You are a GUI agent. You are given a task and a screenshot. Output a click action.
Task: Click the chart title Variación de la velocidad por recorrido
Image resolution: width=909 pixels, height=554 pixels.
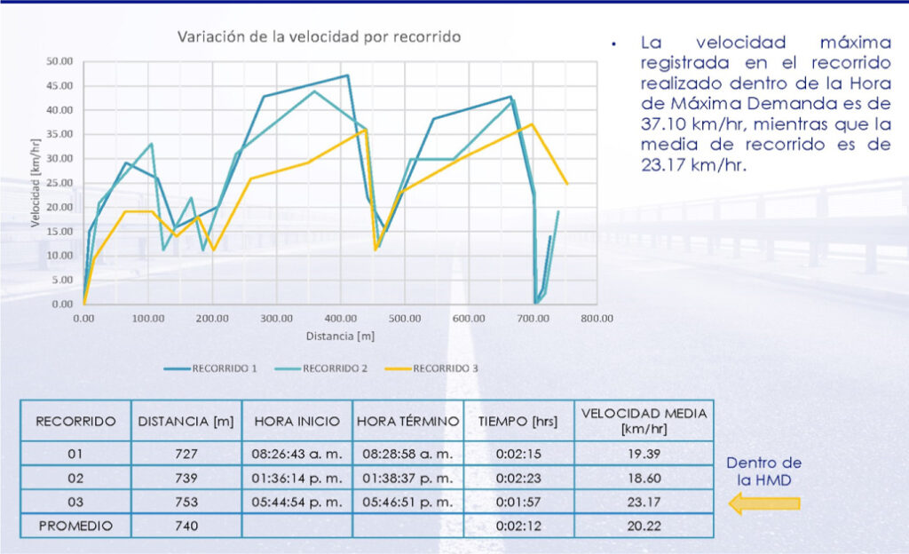click(319, 37)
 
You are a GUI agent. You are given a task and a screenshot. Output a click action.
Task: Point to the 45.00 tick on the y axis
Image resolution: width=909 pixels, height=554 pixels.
click(59, 86)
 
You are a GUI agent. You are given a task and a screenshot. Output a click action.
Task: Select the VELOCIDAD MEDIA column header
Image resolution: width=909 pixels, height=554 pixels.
click(644, 420)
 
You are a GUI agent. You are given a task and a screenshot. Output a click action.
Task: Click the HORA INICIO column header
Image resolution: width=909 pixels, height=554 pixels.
click(296, 421)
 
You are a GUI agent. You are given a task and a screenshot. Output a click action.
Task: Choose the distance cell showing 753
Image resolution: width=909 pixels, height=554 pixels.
click(186, 502)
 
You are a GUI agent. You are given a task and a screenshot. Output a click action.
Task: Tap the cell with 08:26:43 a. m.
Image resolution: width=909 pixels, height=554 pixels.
click(296, 454)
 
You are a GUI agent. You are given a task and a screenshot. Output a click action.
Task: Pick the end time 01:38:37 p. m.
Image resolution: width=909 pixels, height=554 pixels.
click(407, 478)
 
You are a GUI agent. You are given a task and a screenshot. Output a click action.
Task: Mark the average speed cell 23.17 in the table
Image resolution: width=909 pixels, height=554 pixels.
click(644, 502)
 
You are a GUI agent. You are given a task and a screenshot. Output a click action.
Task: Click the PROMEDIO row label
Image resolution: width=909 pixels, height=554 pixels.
click(75, 526)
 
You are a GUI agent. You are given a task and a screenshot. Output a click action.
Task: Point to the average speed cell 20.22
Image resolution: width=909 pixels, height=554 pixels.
click(644, 526)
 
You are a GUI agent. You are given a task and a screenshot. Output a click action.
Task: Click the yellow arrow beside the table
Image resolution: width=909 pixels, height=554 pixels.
click(764, 504)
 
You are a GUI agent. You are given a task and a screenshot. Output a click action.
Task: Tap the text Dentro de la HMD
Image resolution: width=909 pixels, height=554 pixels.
click(763, 471)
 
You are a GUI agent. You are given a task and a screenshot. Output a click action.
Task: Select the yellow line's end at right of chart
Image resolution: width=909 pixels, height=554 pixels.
click(567, 184)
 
